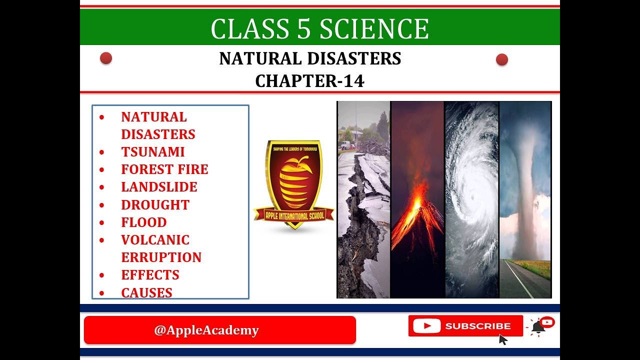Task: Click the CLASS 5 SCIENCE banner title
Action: click(x=319, y=28)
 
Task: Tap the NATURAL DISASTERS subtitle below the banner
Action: click(x=310, y=58)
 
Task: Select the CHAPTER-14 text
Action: click(x=309, y=80)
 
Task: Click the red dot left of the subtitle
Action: click(x=106, y=58)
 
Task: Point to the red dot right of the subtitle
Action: click(x=502, y=60)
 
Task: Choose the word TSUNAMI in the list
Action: click(x=152, y=151)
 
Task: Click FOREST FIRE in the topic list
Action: click(x=164, y=169)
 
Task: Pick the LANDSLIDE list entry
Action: click(x=159, y=186)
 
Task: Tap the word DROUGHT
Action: click(x=155, y=204)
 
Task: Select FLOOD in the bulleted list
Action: click(x=143, y=222)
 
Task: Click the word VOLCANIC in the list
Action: click(x=155, y=239)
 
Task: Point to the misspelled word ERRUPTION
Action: click(x=161, y=257)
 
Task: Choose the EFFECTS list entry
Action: click(x=150, y=274)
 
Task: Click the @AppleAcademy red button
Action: click(x=219, y=330)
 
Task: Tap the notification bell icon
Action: click(x=538, y=327)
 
